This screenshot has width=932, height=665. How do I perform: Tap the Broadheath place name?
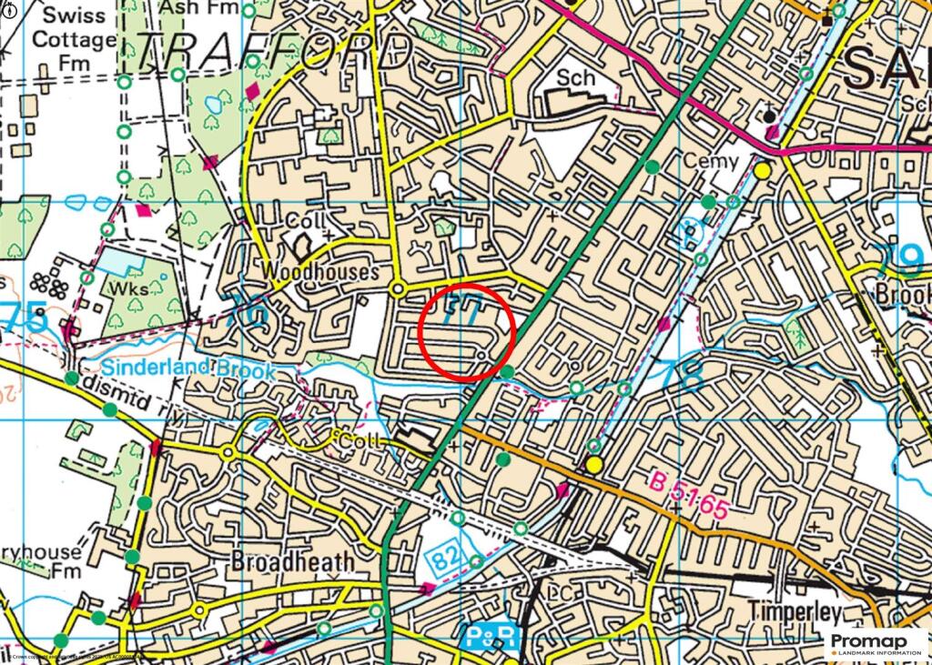point(292,561)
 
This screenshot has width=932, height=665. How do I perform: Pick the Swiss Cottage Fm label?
point(74,39)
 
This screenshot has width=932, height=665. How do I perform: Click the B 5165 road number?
point(689,496)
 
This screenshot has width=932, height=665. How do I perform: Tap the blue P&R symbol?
point(491,636)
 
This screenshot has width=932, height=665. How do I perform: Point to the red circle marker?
point(469,332)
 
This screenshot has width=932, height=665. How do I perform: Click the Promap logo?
point(876,644)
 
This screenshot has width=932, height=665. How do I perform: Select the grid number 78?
point(684,375)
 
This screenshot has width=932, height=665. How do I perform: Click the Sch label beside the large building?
point(576,78)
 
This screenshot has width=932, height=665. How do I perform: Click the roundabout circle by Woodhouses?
point(398,288)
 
